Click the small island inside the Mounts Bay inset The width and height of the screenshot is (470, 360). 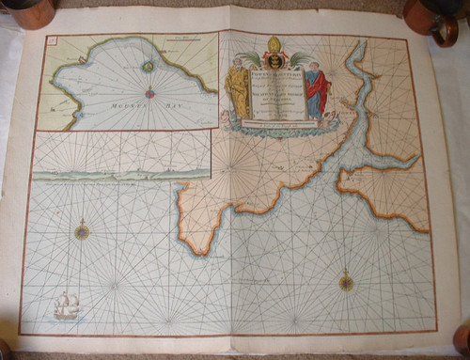point(147,67)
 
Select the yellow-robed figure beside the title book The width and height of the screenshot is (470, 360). point(239,90)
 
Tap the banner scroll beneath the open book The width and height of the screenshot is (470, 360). point(273,125)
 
